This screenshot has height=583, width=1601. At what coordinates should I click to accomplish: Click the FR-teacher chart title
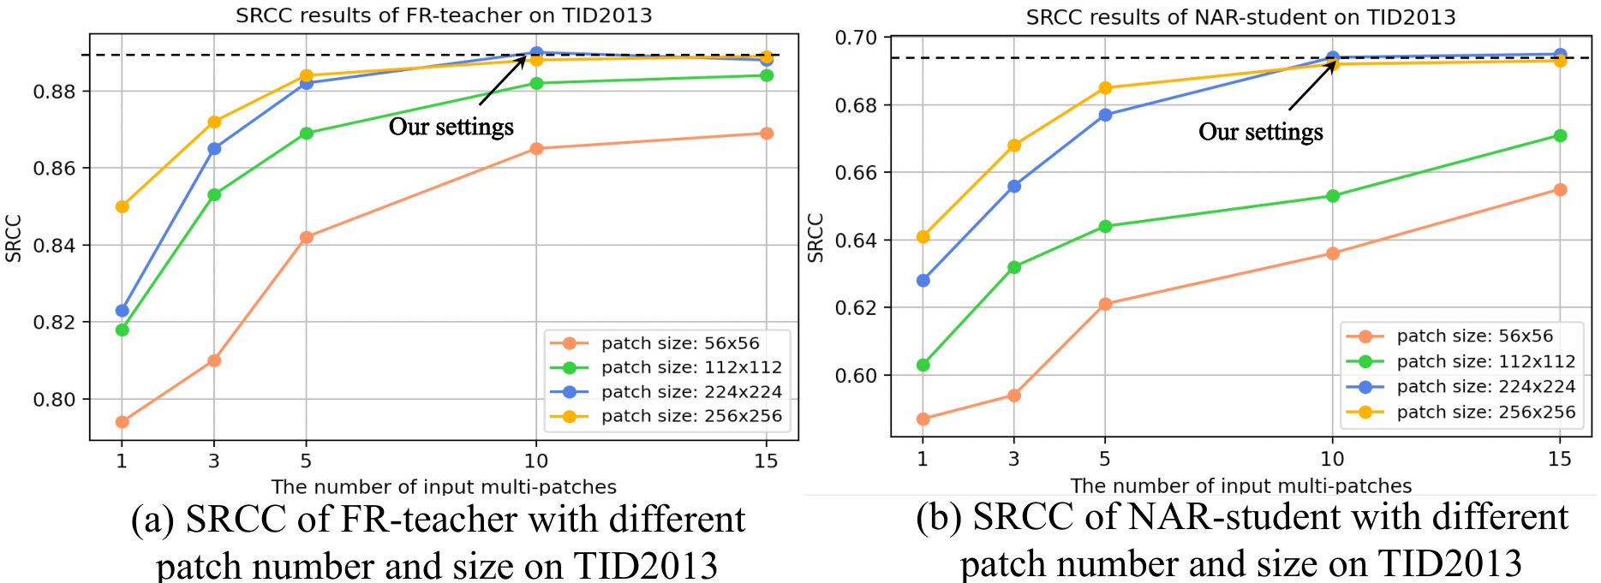444,15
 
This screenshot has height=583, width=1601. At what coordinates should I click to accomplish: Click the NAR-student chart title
1240,17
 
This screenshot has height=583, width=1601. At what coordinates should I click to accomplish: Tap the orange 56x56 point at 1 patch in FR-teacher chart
122,422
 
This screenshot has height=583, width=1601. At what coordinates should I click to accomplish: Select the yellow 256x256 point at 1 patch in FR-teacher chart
122,206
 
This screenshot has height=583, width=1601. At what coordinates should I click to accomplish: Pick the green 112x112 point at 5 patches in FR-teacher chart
306,134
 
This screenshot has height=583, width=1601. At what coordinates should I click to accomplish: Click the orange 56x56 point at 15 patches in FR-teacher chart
767,134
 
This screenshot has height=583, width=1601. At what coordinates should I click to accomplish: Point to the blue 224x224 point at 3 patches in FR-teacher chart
214,149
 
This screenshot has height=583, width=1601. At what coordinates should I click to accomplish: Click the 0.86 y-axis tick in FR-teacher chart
56,169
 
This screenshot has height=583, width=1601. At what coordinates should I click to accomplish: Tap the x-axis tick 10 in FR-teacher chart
536,461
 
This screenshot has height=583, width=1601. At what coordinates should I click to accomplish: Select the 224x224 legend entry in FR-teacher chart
666,392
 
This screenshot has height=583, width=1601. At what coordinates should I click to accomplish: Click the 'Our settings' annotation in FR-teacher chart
451,127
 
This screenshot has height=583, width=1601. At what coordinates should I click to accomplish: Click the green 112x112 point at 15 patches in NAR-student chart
1560,136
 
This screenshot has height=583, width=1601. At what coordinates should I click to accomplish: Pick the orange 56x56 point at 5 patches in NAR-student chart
1105,304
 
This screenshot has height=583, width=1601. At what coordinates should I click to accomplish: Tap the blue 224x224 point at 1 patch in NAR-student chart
923,281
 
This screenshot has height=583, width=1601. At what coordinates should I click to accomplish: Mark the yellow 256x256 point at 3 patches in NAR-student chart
1014,146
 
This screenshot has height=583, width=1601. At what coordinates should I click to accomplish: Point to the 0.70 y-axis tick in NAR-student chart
857,38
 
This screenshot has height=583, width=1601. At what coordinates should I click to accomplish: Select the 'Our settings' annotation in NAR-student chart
1261,132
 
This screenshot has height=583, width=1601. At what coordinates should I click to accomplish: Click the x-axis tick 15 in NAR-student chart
1560,459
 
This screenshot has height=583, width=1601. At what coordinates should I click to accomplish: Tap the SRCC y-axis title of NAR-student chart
815,238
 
